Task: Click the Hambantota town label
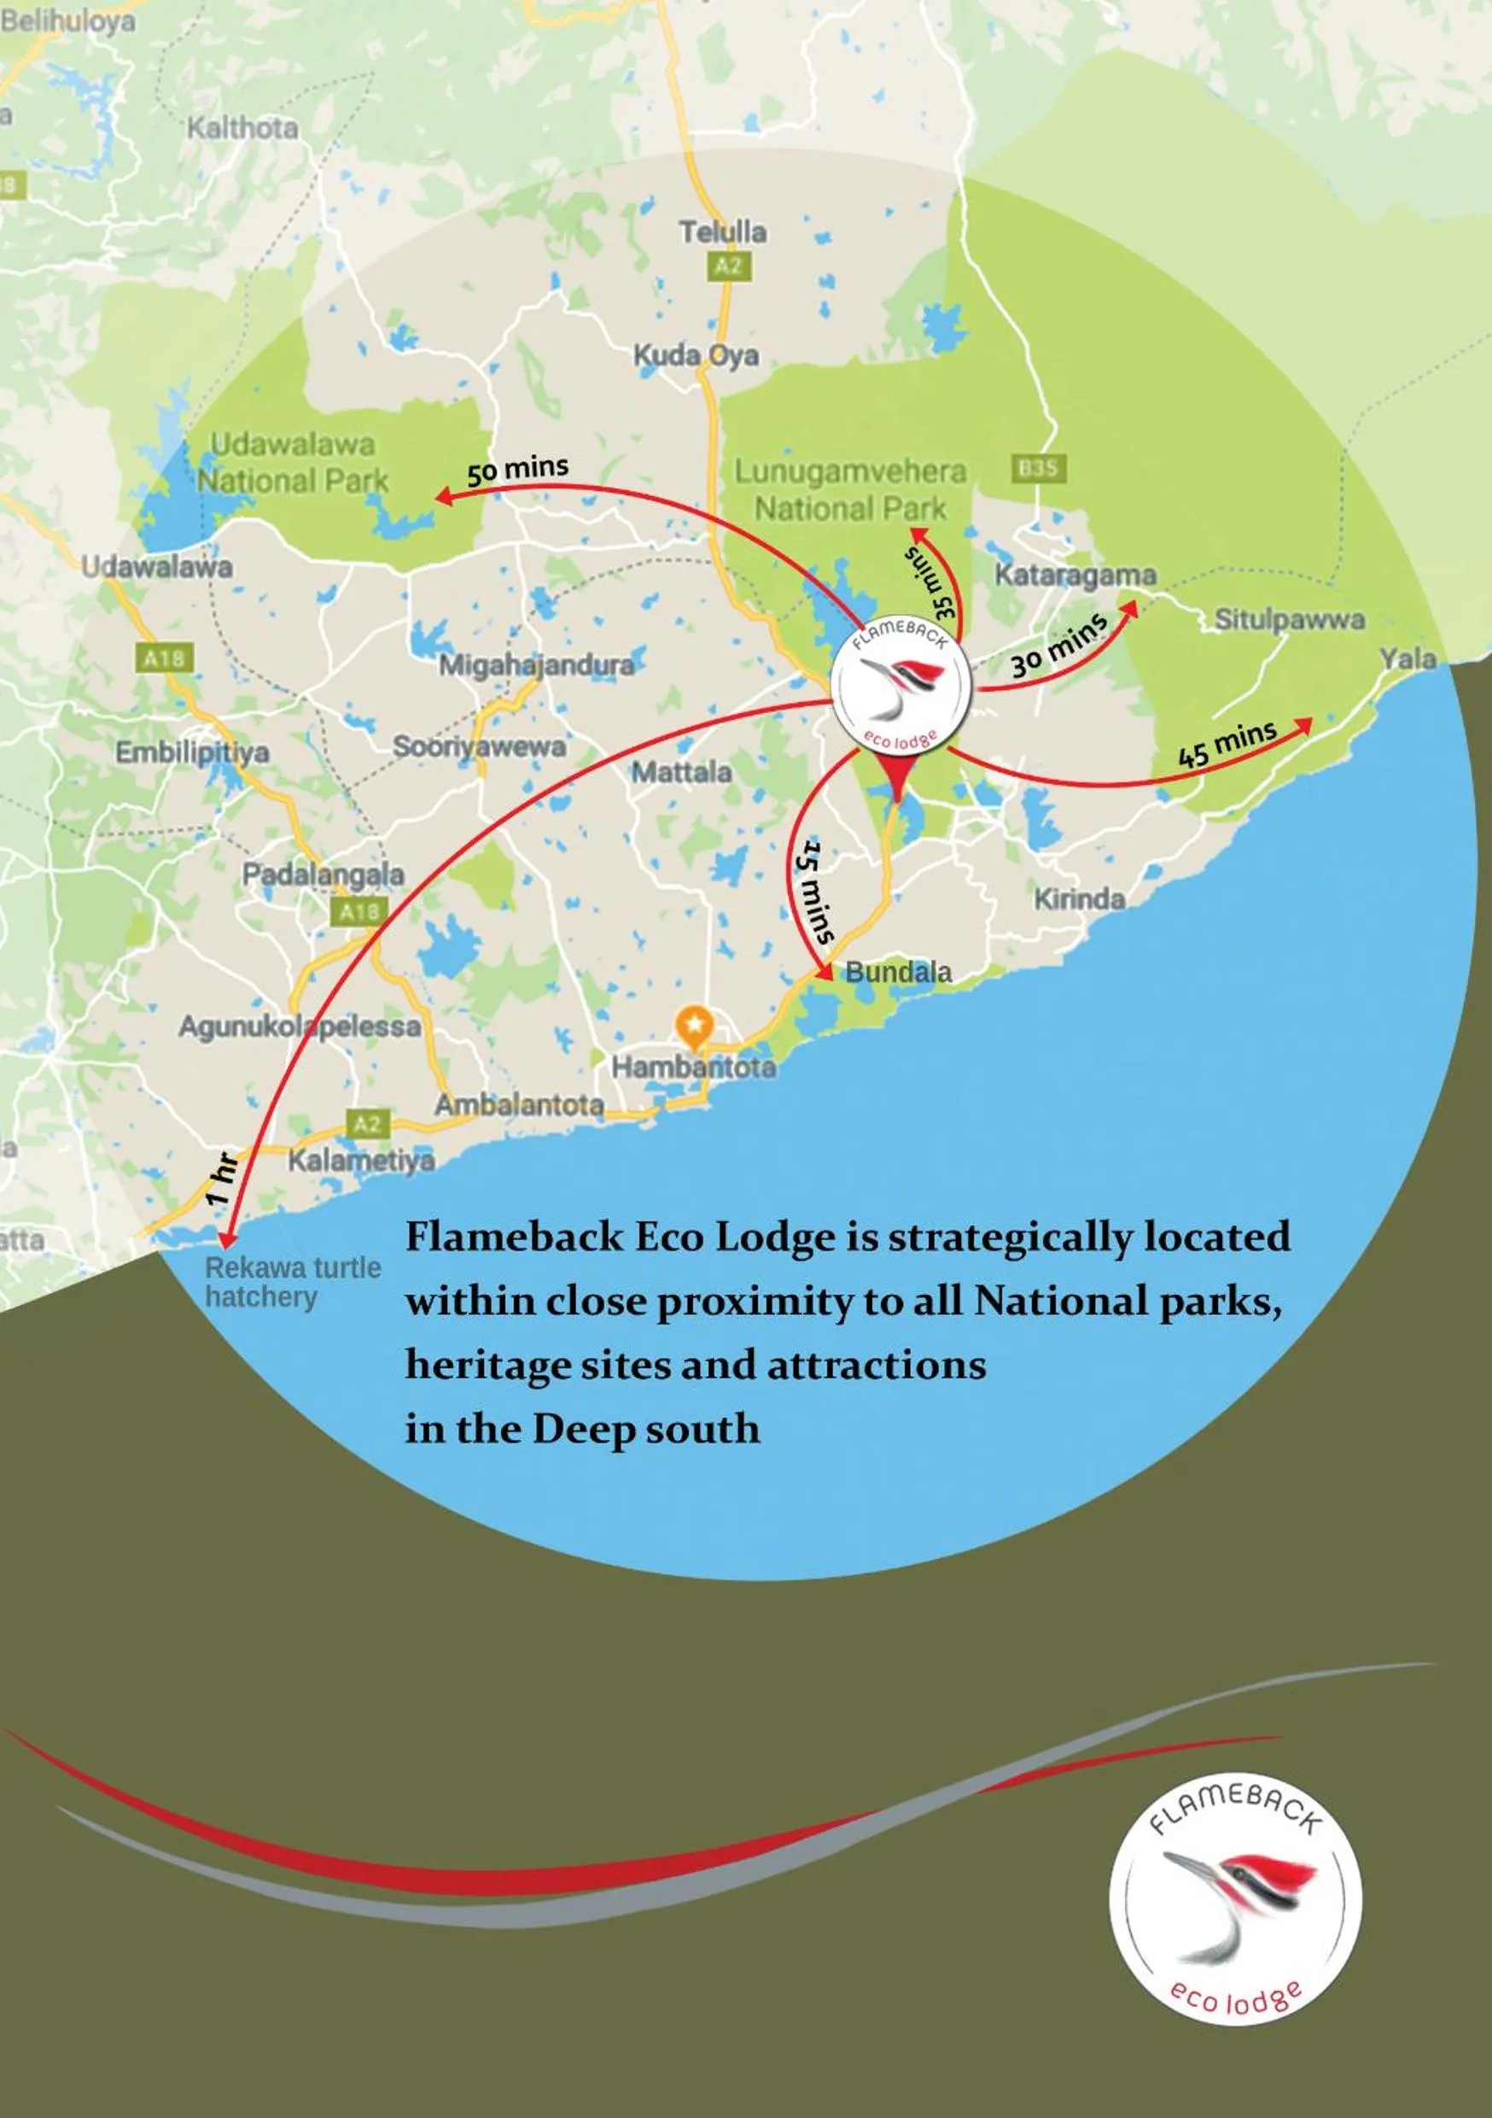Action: [693, 1068]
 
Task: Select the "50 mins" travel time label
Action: [517, 470]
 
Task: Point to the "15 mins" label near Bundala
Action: [815, 891]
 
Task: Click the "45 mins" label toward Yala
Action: [1227, 744]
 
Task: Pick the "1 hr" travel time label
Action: [222, 1179]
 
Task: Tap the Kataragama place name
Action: [1075, 575]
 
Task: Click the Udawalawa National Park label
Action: [292, 462]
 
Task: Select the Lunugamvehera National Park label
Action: [850, 490]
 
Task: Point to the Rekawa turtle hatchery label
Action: [292, 1281]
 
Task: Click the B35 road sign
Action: [1037, 468]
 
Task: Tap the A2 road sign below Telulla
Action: [727, 266]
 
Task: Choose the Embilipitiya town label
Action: [192, 752]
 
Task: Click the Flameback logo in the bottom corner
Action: [1235, 1901]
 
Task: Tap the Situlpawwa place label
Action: [1289, 619]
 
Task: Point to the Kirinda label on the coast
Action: [1079, 898]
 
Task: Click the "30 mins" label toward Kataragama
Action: [1058, 646]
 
